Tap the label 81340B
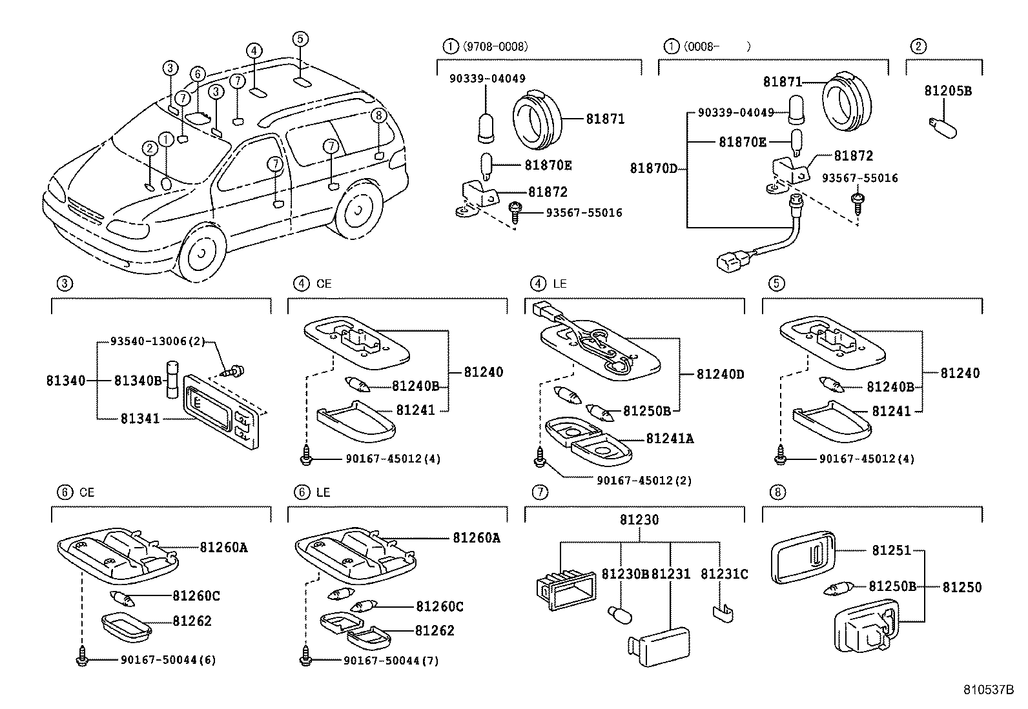(x=138, y=381)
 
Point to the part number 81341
(x=139, y=419)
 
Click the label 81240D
(x=720, y=374)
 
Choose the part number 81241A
(x=670, y=439)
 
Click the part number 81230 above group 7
(x=639, y=520)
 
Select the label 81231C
(x=724, y=574)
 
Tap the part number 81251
(x=891, y=550)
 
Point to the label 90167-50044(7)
(x=391, y=661)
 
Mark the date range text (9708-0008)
(x=495, y=46)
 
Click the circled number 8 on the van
(x=379, y=115)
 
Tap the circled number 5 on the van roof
(x=300, y=39)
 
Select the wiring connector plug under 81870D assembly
(x=726, y=261)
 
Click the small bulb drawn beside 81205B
(x=942, y=126)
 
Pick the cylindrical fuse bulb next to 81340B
(x=173, y=379)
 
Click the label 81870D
(x=653, y=169)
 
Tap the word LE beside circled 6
(x=323, y=492)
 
